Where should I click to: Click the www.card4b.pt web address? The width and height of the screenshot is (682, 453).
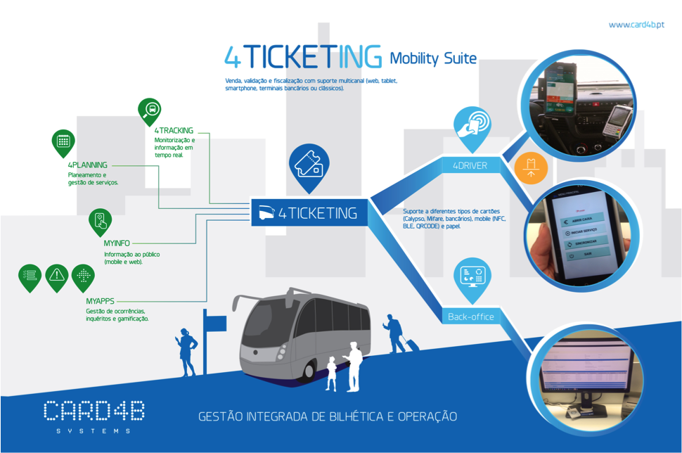point(637,25)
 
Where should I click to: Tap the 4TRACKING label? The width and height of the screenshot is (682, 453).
point(174,130)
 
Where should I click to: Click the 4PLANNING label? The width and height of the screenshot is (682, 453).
point(88,165)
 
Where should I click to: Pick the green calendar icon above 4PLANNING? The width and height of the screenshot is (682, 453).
point(63,141)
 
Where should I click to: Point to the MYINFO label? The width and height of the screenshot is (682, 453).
point(117,243)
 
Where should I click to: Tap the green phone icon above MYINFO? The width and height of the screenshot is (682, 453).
point(100,220)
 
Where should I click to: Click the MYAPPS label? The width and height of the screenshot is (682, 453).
point(100,301)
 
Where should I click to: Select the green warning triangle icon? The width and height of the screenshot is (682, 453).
point(57,276)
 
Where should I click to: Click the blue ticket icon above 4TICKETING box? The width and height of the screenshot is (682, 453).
point(308,166)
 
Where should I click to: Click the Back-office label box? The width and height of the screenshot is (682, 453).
point(471,317)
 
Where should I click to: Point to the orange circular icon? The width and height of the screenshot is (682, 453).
point(531,167)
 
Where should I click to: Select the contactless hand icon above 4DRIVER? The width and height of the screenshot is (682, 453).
point(470,124)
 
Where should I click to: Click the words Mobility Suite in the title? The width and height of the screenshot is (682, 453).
point(433,58)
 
